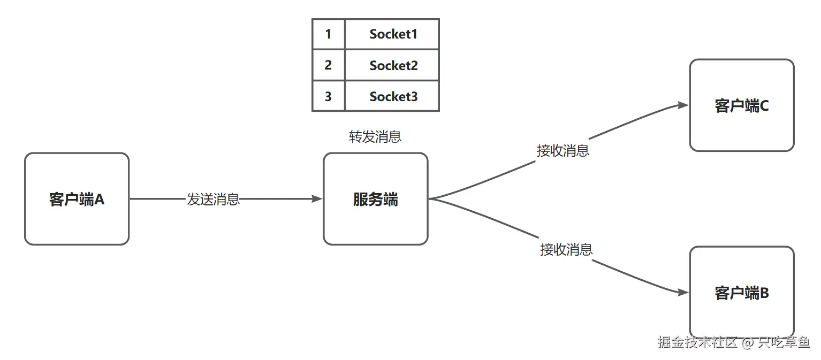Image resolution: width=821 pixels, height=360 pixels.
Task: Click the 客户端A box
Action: coord(77,199)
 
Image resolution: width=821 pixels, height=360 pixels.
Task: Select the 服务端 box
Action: coord(375,199)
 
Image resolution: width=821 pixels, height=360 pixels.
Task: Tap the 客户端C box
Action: coord(741,105)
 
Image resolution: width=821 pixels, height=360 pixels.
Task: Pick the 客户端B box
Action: coord(741,292)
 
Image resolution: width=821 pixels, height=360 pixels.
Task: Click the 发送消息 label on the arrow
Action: coord(213,200)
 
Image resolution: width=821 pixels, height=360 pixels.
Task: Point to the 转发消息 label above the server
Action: coord(375,137)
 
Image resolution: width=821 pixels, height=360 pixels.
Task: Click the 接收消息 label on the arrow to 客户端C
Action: coord(563,151)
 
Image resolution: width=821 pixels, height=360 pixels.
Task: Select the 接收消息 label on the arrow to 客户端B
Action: coord(566,249)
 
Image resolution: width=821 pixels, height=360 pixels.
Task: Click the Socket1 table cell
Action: coord(392,34)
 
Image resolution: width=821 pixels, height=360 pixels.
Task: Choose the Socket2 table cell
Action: coord(392,65)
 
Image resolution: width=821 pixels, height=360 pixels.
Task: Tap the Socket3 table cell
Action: coord(392,96)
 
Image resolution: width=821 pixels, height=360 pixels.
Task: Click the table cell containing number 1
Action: coord(328,34)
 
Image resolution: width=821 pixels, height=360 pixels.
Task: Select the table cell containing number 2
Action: coord(328,65)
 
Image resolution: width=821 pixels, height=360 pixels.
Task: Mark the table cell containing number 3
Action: coord(328,96)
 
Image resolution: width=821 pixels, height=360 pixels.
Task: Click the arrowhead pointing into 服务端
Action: coord(318,199)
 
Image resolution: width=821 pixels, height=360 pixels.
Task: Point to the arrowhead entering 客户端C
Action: coord(683,105)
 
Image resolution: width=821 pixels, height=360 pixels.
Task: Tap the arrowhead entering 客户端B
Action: coord(683,293)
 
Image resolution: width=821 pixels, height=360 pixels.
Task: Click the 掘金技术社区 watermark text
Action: coord(697,342)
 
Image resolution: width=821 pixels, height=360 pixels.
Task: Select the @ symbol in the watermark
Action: coord(748,342)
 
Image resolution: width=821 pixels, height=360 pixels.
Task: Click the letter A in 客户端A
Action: coord(99,200)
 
